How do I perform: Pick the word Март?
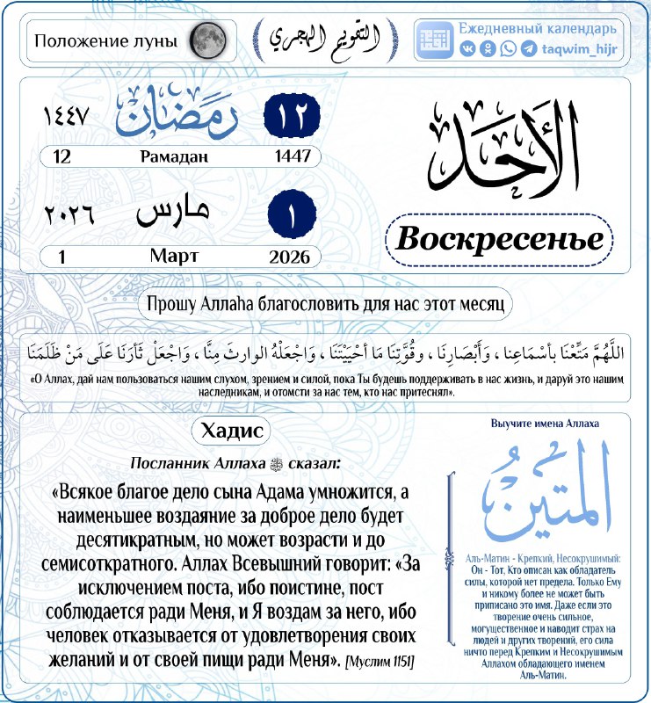[x=174, y=256]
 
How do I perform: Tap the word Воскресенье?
[x=499, y=238]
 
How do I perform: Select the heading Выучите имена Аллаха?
[x=545, y=424]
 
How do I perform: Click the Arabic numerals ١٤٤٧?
[x=67, y=117]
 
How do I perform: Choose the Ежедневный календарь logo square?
[x=436, y=40]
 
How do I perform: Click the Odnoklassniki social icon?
[x=488, y=49]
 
